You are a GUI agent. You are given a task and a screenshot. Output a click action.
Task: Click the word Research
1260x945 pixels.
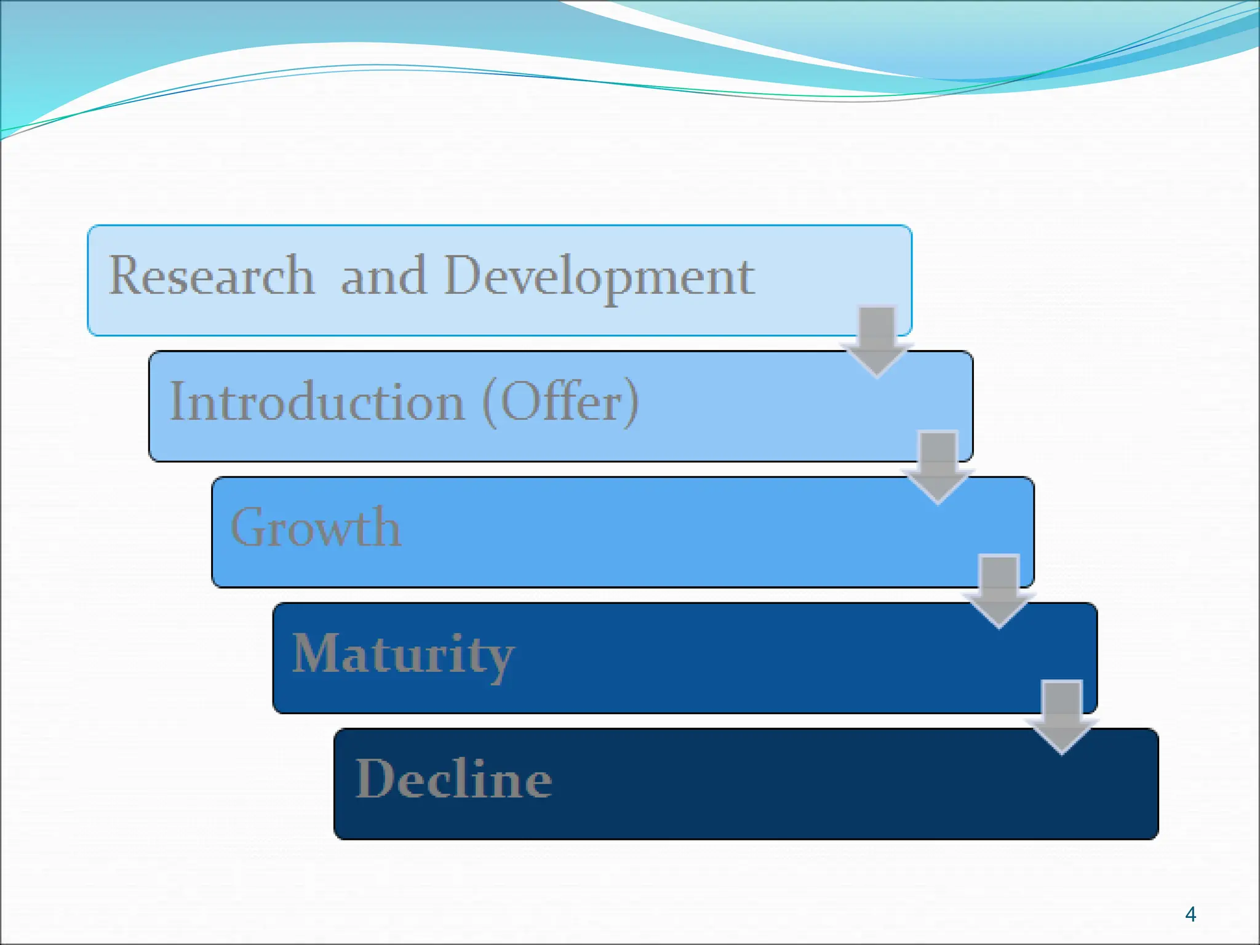pos(211,276)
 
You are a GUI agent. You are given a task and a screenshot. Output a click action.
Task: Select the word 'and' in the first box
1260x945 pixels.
pos(383,276)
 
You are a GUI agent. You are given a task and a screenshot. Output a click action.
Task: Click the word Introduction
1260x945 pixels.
pos(317,401)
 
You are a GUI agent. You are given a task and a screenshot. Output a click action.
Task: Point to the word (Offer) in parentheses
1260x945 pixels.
pos(560,401)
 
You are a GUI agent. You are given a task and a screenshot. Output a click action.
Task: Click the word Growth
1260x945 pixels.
pos(316,527)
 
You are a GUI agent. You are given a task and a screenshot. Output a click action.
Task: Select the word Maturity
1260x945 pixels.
pos(403,653)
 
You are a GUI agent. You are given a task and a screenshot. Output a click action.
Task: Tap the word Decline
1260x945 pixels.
pos(454,779)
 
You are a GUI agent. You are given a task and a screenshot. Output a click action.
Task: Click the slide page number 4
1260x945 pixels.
pos(1190,914)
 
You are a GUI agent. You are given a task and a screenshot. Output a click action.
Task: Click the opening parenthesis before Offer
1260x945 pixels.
pos(490,402)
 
